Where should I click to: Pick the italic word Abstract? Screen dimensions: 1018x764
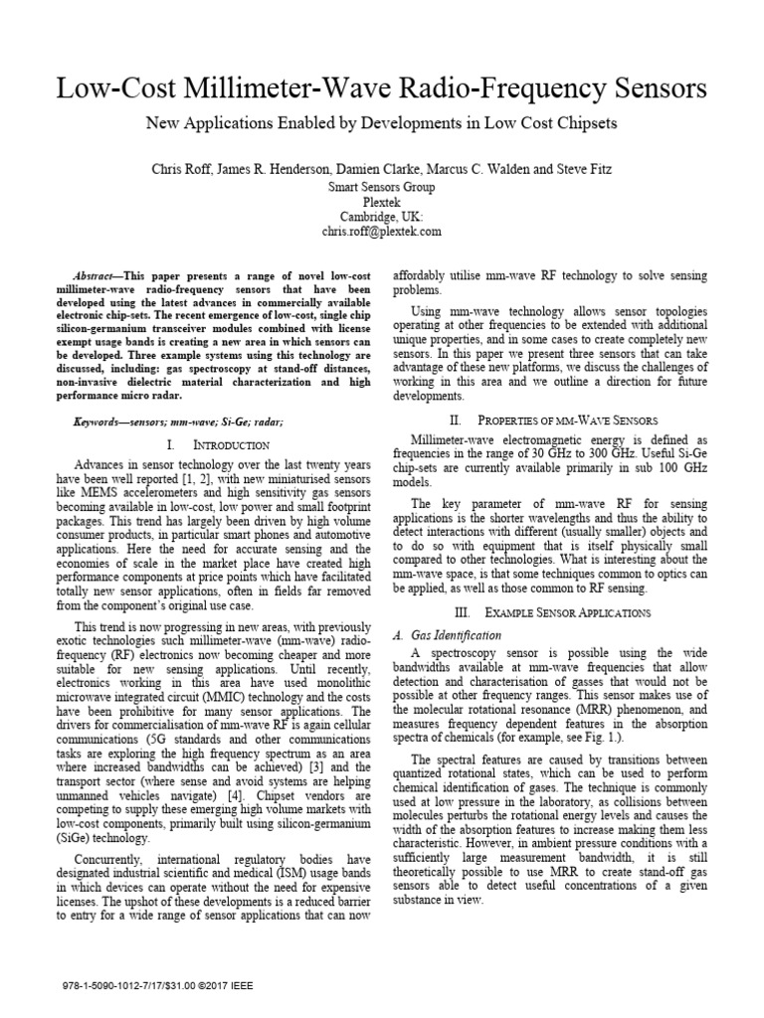click(97, 273)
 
